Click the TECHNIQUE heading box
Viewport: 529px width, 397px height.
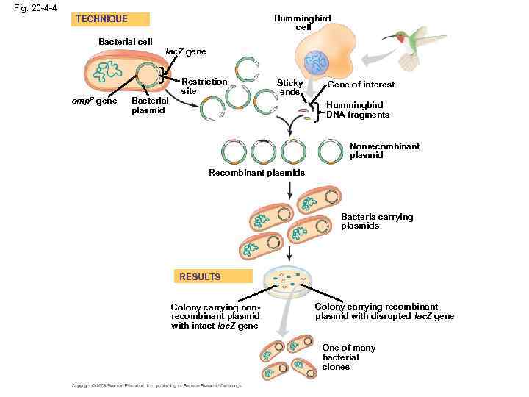click(112, 19)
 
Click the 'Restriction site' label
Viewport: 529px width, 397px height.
click(204, 86)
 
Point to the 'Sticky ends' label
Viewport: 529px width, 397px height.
click(289, 87)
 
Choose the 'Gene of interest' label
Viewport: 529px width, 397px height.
click(361, 85)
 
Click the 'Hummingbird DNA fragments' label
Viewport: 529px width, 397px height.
click(358, 110)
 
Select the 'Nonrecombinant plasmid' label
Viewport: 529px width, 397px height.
click(384, 151)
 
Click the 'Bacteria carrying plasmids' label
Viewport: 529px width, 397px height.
click(377, 221)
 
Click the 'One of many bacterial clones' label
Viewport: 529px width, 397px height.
click(348, 357)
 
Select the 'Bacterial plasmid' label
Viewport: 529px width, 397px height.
click(150, 105)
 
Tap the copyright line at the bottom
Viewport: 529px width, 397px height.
click(156, 386)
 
